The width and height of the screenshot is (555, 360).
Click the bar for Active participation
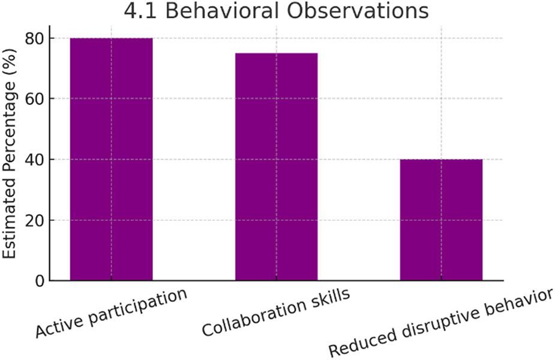pyautogui.click(x=111, y=159)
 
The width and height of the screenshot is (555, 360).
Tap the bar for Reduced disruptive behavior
pyautogui.click(x=441, y=220)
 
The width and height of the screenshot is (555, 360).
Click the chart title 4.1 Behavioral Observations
pyautogui.click(x=276, y=11)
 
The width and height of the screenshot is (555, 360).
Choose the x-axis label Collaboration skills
pyautogui.click(x=276, y=313)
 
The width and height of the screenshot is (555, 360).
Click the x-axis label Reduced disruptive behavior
pyautogui.click(x=441, y=323)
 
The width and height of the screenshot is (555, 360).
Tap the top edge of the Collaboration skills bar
pyautogui.click(x=276, y=53)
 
